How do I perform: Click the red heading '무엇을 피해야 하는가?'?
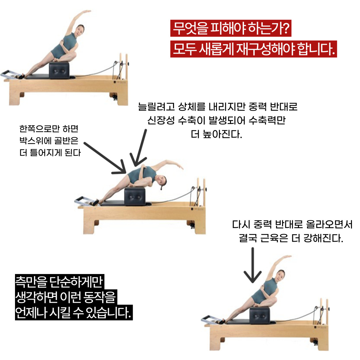[x=231, y=28]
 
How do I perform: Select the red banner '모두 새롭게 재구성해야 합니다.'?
[x=253, y=49]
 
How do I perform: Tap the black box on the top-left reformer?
[x=59, y=70]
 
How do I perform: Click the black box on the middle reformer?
[x=135, y=197]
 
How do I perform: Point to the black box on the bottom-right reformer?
[x=260, y=315]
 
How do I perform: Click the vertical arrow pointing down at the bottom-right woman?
[x=253, y=265]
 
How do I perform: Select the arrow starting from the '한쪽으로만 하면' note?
[x=105, y=158]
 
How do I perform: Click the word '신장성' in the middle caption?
[x=161, y=120]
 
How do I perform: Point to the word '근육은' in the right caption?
[x=274, y=238]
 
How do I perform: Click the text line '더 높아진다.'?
[x=216, y=134]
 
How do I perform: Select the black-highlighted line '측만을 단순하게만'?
[x=59, y=282]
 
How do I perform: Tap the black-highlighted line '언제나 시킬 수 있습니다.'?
[x=74, y=312]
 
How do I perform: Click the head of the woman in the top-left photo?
[x=80, y=30]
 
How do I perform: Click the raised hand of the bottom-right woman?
[x=287, y=256]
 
